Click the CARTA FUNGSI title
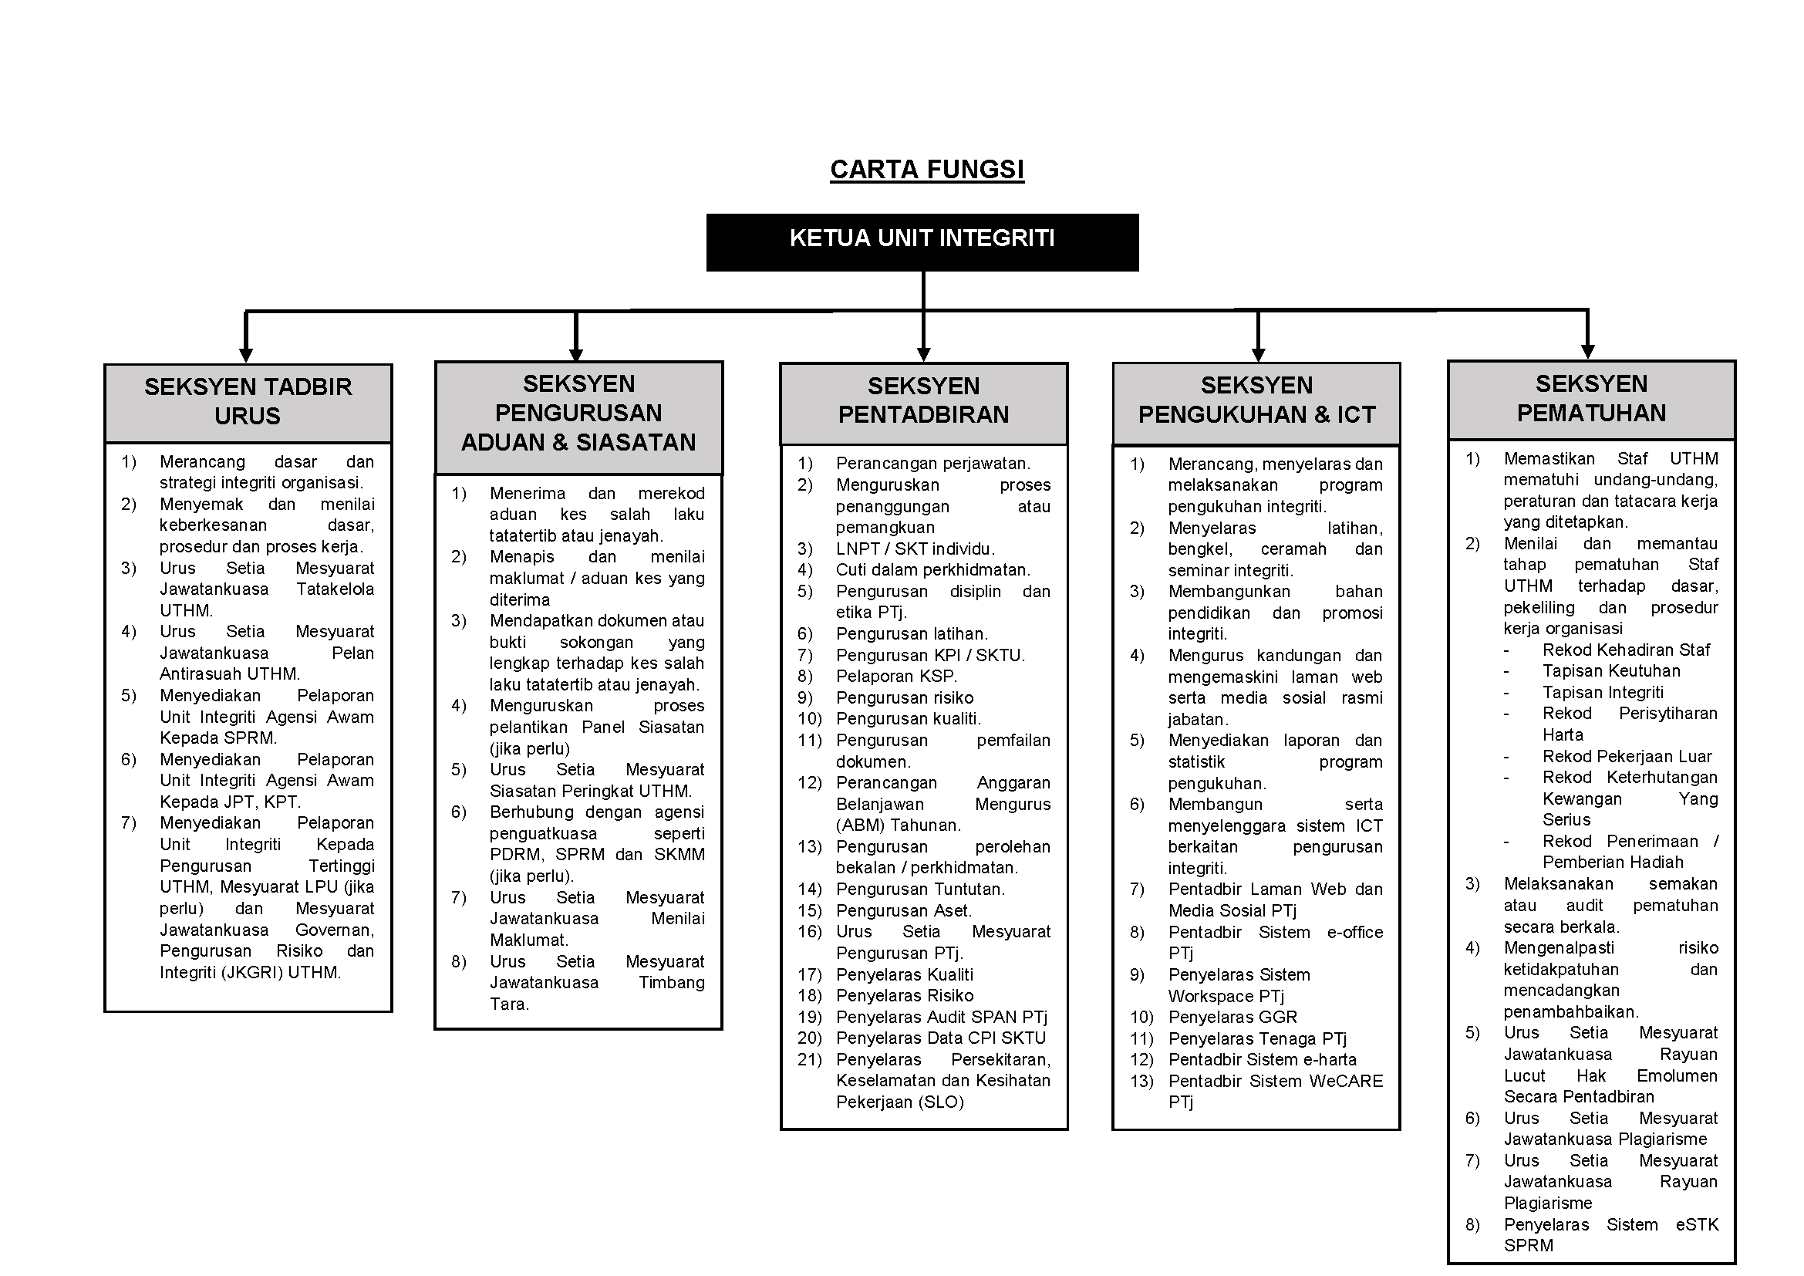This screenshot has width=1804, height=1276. [926, 170]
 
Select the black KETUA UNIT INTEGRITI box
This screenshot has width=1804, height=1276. [922, 242]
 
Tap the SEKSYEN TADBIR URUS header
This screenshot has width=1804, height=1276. [248, 401]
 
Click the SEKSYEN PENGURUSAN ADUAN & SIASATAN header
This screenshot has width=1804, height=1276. [578, 414]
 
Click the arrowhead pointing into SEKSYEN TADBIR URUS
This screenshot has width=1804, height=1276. [246, 354]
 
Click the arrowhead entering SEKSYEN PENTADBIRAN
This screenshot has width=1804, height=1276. [923, 353]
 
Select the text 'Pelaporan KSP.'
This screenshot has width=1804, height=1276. [895, 677]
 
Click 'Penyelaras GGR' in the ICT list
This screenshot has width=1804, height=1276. [1232, 1018]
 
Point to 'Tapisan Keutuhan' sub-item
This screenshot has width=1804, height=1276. [1610, 671]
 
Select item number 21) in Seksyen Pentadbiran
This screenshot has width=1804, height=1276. [809, 1060]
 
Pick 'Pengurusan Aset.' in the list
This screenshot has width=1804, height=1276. [904, 910]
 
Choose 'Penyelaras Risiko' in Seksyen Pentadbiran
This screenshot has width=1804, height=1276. [905, 996]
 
